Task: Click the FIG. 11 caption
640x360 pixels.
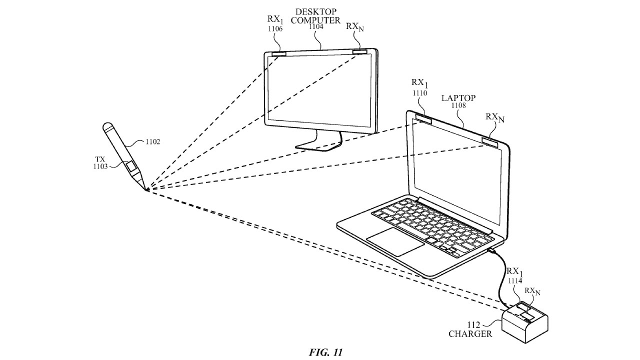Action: click(x=325, y=352)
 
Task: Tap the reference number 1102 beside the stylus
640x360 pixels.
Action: click(x=153, y=141)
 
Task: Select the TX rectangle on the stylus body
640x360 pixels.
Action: click(x=131, y=166)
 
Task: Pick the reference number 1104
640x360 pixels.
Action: click(x=315, y=26)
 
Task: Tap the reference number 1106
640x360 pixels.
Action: click(x=275, y=28)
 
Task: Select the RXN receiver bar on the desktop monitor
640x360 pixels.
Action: click(x=359, y=51)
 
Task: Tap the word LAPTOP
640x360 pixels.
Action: click(x=458, y=98)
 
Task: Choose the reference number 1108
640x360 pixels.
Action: click(x=458, y=105)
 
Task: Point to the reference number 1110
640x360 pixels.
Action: click(x=419, y=93)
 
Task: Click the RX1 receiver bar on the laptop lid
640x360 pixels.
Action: click(x=423, y=118)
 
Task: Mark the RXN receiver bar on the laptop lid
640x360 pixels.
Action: click(x=490, y=142)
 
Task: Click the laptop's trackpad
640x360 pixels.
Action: click(x=395, y=241)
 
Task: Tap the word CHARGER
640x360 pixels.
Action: click(x=470, y=333)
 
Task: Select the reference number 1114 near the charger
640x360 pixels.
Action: click(x=515, y=281)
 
